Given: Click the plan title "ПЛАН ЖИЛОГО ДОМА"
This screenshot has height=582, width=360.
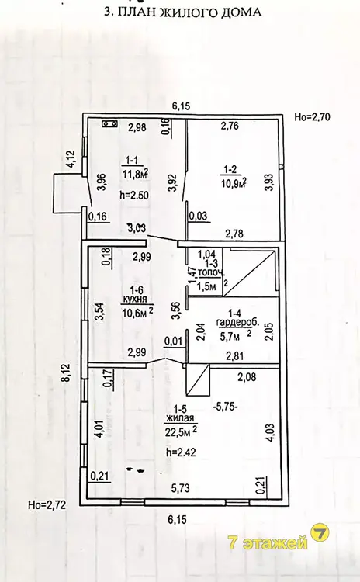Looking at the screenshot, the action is pyautogui.click(x=196, y=12).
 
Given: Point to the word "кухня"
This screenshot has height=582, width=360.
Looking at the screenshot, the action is pyautogui.click(x=134, y=300).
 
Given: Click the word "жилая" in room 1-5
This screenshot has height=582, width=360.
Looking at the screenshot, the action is pyautogui.click(x=180, y=418).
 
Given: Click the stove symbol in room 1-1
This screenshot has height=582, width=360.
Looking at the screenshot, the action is pyautogui.click(x=110, y=123).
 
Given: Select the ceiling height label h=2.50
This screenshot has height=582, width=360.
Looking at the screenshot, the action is pyautogui.click(x=134, y=196).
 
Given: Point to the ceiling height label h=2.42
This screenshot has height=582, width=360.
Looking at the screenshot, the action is pyautogui.click(x=181, y=452).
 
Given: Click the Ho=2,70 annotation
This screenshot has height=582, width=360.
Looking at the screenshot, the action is pyautogui.click(x=312, y=117).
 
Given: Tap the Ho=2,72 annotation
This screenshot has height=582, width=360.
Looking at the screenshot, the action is pyautogui.click(x=47, y=505).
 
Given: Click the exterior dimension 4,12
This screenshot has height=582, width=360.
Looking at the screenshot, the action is pyautogui.click(x=71, y=159).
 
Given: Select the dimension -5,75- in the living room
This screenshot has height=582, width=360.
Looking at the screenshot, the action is pyautogui.click(x=226, y=407).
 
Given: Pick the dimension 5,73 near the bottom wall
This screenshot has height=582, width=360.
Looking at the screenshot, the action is pyautogui.click(x=180, y=488).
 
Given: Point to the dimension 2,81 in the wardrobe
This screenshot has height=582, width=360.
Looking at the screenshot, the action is pyautogui.click(x=234, y=356).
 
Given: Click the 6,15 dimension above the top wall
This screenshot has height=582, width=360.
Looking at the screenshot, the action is pyautogui.click(x=181, y=106).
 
